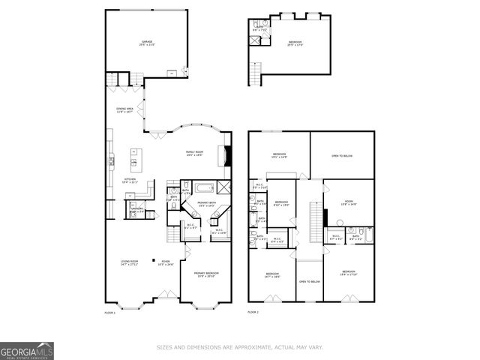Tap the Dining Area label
click(124, 110)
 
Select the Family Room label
click(195, 153)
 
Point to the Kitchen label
click(130, 180)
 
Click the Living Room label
click(130, 262)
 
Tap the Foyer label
click(165, 262)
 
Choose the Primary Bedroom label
click(205, 274)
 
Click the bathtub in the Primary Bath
click(205, 188)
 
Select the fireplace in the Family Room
click(227, 155)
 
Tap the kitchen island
click(136, 159)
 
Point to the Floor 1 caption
click(109, 311)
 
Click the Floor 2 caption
click(253, 311)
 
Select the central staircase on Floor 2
click(314, 221)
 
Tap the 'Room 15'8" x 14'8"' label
click(349, 202)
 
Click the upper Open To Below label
click(342, 156)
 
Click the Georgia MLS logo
click(27, 350)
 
